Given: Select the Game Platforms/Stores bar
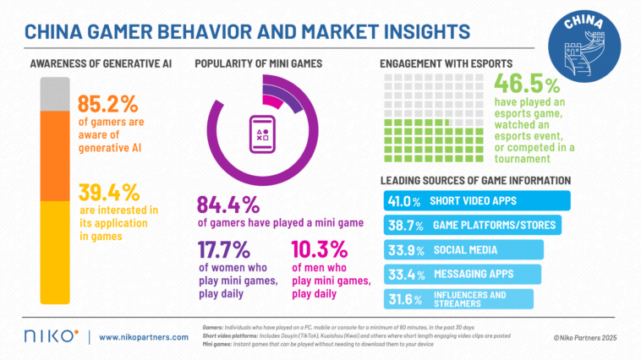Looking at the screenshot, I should (472, 226).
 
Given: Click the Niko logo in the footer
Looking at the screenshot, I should (52, 336).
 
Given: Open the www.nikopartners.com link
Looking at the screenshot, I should (143, 337).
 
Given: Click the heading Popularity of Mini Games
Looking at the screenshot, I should (258, 64).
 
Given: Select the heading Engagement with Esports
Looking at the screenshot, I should (445, 64).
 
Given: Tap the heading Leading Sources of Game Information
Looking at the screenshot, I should (475, 180).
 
